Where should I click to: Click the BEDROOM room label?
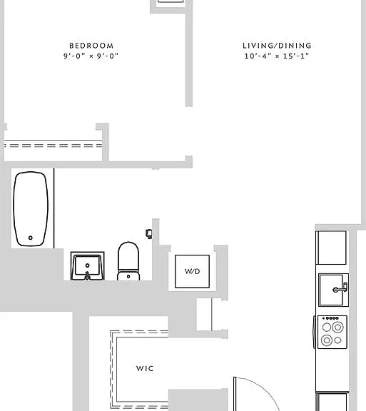pyautogui.click(x=91, y=46)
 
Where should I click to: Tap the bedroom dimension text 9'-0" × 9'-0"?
pyautogui.click(x=91, y=56)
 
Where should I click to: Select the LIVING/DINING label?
pyautogui.click(x=277, y=46)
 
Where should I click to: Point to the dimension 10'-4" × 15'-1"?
pyautogui.click(x=277, y=56)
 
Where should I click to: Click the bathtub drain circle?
pyautogui.click(x=31, y=238)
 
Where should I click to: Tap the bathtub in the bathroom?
pyautogui.click(x=31, y=209)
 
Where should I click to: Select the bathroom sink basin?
pyautogui.click(x=87, y=265)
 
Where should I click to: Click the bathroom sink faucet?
pyautogui.click(x=87, y=276)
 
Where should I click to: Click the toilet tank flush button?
pyautogui.click(x=128, y=276)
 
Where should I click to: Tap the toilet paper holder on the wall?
pyautogui.click(x=148, y=233)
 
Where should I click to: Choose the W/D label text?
pyautogui.click(x=192, y=271)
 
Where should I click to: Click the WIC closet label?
pyautogui.click(x=145, y=368)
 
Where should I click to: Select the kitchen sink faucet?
pyautogui.click(x=340, y=289)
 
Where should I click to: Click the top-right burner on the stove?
pyautogui.click(x=337, y=327)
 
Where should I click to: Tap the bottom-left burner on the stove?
pyautogui.click(x=327, y=340)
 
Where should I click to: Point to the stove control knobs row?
pyautogui.click(x=331, y=318)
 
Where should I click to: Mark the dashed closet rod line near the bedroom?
pyautogui.click(x=53, y=146)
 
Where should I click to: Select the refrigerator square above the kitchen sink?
pyautogui.click(x=331, y=248)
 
